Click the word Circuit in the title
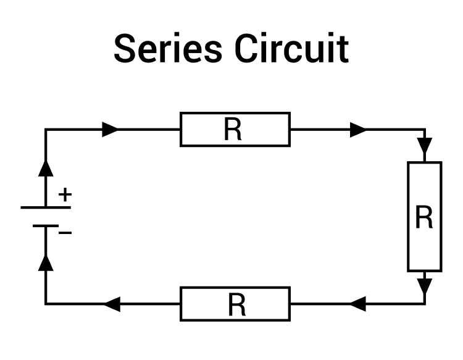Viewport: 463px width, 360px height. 291,49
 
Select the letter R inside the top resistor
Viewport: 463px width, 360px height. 233,130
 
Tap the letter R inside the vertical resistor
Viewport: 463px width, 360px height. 424,218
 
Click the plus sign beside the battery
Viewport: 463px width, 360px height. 65,195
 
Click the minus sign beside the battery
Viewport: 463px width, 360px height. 65,233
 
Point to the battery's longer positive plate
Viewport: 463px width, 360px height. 46,207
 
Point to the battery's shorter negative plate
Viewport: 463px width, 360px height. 46,226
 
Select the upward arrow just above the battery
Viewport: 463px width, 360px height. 46,167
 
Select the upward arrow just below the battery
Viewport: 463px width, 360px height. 46,262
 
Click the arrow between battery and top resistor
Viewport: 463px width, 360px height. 110,129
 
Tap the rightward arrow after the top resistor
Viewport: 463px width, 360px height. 357,130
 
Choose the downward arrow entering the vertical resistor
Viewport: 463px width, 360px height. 425,146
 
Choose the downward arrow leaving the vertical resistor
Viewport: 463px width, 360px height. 425,286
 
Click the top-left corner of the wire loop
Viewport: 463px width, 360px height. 46,130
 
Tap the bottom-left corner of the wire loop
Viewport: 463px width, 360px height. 46,304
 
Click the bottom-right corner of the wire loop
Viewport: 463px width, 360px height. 425,304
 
